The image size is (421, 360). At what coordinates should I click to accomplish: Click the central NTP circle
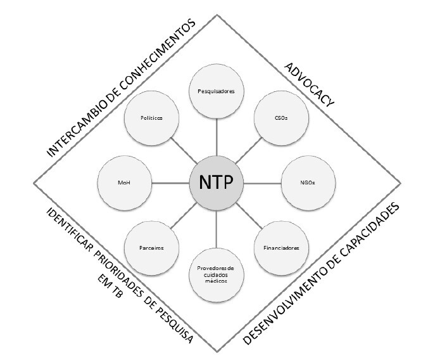pyautogui.click(x=217, y=183)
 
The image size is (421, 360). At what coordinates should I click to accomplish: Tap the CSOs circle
pyautogui.click(x=280, y=118)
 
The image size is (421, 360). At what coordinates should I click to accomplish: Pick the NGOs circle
pyautogui.click(x=308, y=183)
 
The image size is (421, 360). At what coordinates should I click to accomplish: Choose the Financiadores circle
pyautogui.click(x=280, y=247)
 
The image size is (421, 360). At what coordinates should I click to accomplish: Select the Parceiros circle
pyautogui.click(x=152, y=247)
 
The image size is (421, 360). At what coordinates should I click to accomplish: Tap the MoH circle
pyautogui.click(x=125, y=183)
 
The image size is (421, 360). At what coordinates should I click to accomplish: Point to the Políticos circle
pyautogui.click(x=152, y=118)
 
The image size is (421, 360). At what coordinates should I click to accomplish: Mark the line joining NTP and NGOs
pyautogui.click(x=262, y=183)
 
